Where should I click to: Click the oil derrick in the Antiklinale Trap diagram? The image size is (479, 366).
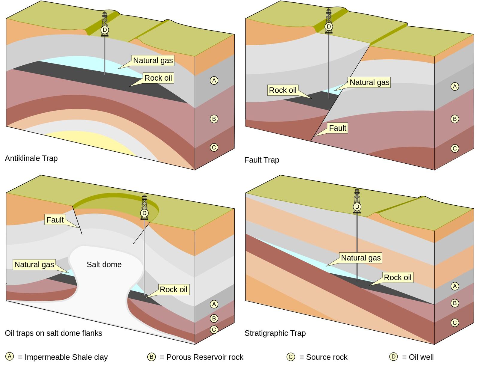[x=104, y=24]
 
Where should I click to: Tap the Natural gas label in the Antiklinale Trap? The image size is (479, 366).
[x=153, y=61]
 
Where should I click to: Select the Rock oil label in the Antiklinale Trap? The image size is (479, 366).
[x=158, y=78]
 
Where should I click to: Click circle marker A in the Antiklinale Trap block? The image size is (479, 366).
[x=214, y=80]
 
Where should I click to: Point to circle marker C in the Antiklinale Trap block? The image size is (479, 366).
[x=214, y=147]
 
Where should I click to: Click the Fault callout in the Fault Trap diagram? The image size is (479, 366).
[x=338, y=128]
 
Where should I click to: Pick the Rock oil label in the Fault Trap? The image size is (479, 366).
[x=283, y=90]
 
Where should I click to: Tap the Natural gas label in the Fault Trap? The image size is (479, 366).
[x=369, y=82]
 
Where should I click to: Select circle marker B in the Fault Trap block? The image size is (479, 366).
[x=454, y=119]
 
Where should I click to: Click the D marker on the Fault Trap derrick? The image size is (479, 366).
[x=329, y=27]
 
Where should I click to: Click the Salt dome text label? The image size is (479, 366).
[x=104, y=264]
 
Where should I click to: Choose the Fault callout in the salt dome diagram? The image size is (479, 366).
[x=55, y=220]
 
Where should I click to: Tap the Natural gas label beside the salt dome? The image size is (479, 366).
[x=34, y=265]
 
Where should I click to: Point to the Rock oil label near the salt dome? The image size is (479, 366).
[x=173, y=290]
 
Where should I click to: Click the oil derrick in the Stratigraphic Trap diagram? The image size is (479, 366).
[x=357, y=201]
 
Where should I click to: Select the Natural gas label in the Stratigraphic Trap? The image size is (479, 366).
[x=361, y=258]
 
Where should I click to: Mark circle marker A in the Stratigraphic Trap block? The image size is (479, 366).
[x=454, y=286]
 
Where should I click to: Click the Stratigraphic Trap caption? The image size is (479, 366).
[x=275, y=333]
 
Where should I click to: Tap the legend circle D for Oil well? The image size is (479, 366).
[x=393, y=357]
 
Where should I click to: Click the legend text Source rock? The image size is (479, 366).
[x=327, y=357]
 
